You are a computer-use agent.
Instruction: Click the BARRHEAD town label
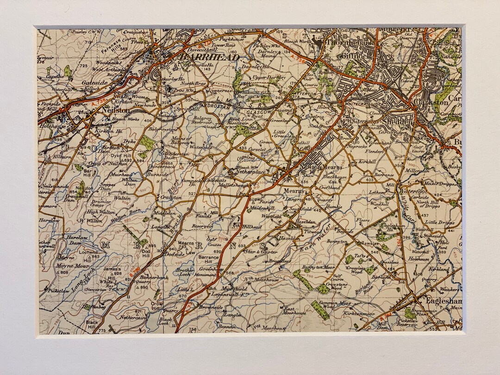tap(210, 57)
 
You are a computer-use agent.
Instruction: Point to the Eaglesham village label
tap(443, 300)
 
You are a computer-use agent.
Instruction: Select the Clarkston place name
tap(443, 102)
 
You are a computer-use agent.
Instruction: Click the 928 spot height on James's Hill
tap(118, 273)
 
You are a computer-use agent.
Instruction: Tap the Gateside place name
tap(95, 83)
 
